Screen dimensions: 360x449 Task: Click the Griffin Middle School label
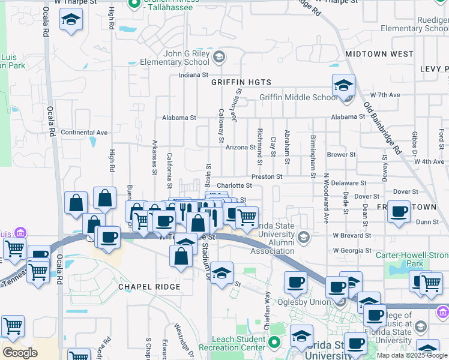point(298,98)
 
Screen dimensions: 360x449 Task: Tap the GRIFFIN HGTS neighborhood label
point(241,82)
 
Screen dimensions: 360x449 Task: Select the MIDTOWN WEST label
point(379,54)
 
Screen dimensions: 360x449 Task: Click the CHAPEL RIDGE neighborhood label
point(149,287)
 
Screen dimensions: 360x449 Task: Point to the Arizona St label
point(241,147)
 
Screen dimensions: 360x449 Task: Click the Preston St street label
point(267,177)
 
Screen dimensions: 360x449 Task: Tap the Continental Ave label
point(84,132)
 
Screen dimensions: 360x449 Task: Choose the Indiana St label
point(193,76)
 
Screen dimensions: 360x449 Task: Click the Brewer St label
point(342,155)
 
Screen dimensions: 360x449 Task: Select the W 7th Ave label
point(385,95)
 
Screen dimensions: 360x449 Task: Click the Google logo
point(19,353)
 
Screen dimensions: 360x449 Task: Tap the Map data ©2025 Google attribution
point(412,355)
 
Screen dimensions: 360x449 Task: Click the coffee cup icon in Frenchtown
point(399,212)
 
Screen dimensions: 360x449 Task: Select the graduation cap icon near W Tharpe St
point(71,21)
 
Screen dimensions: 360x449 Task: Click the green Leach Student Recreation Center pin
point(274,343)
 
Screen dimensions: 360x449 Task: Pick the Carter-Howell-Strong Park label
point(412,259)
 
